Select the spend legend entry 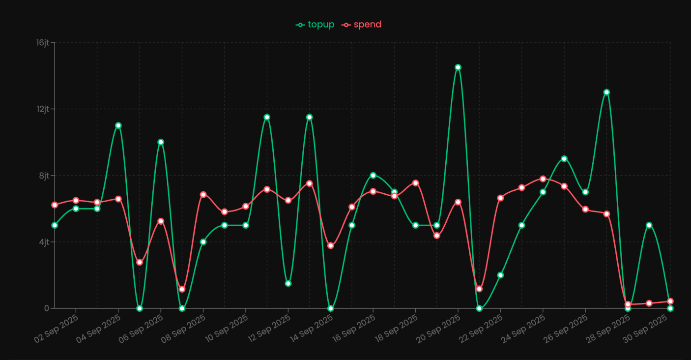(362, 25)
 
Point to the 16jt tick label (43, 43)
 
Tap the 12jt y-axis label (43, 109)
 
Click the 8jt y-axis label (44, 176)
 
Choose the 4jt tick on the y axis (44, 242)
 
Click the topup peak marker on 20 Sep (458, 67)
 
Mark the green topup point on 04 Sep (118, 125)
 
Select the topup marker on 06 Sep (161, 142)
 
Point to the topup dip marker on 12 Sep (288, 283)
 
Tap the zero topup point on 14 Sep (331, 308)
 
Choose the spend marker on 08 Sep (203, 195)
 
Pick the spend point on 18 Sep (415, 183)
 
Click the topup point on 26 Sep (585, 192)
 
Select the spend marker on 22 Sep (500, 198)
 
